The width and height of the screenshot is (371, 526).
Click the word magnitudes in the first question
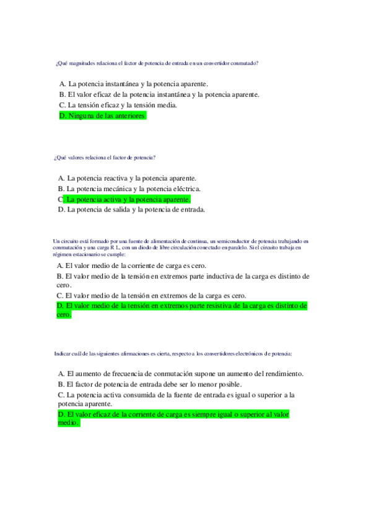84,63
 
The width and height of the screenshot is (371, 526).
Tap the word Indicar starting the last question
63,354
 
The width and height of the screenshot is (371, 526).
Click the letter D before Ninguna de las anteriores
63,116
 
